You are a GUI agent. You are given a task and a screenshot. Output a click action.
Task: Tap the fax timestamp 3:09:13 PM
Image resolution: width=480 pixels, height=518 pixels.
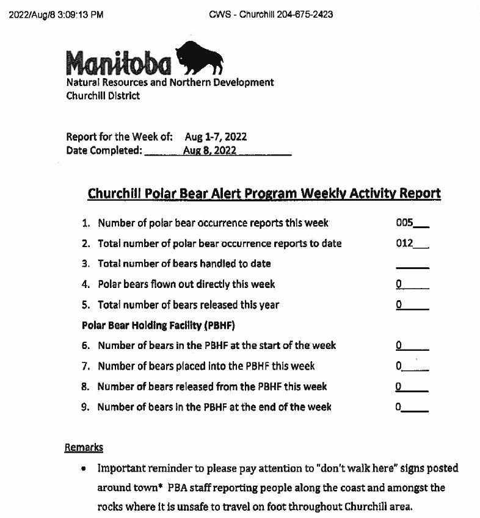(x=76, y=14)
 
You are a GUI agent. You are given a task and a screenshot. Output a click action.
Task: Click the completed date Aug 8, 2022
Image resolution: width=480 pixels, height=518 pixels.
(x=209, y=151)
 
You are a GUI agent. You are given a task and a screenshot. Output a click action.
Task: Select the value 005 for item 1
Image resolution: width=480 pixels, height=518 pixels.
(x=405, y=223)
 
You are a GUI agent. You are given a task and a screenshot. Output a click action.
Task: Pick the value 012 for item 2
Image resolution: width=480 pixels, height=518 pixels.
(x=405, y=243)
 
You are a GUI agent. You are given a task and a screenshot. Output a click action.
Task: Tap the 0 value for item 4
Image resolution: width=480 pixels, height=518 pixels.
(x=399, y=284)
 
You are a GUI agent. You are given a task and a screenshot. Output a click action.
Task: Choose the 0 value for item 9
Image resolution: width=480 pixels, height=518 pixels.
(x=399, y=407)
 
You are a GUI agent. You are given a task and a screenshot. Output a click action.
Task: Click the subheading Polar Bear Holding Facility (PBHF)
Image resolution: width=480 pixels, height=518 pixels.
(x=158, y=325)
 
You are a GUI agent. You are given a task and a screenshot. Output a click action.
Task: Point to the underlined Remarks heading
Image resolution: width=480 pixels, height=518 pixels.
(x=84, y=447)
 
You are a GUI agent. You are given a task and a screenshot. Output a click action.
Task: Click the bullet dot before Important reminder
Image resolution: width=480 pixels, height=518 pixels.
(x=83, y=469)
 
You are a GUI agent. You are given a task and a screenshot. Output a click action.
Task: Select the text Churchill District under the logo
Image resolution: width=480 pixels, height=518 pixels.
(x=103, y=95)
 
